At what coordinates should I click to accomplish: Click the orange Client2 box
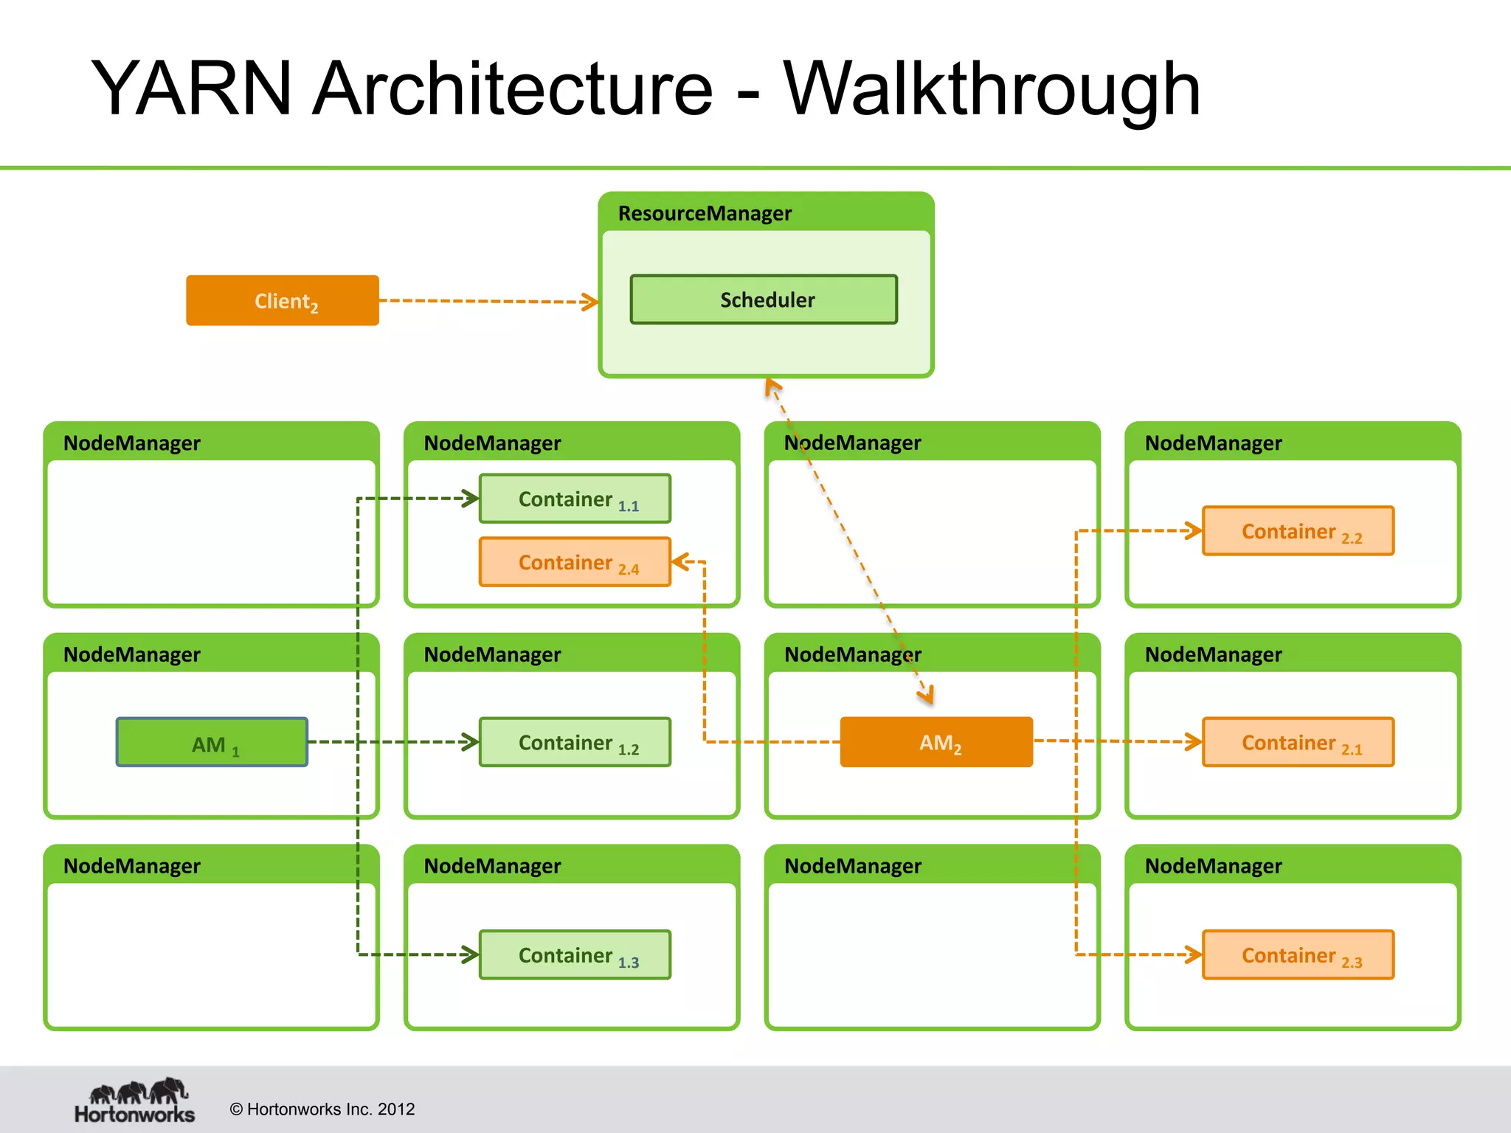pyautogui.click(x=283, y=300)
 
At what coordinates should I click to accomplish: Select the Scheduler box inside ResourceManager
pyautogui.click(x=764, y=299)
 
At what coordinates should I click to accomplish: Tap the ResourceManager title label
pyautogui.click(x=705, y=213)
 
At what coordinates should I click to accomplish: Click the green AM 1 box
pyautogui.click(x=212, y=742)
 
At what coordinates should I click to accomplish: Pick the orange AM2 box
pyautogui.click(x=936, y=742)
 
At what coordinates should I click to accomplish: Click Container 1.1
pyautogui.click(x=575, y=499)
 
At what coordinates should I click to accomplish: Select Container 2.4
pyautogui.click(x=575, y=562)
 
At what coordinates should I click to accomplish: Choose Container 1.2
pyautogui.click(x=575, y=742)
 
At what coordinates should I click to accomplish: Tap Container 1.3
pyautogui.click(x=575, y=954)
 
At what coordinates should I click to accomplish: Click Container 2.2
pyautogui.click(x=1298, y=530)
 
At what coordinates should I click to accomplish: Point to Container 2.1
pyautogui.click(x=1298, y=742)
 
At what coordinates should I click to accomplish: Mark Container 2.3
pyautogui.click(x=1298, y=954)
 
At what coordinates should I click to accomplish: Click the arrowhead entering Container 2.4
pyautogui.click(x=680, y=562)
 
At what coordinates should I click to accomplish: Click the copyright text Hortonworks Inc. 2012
pyautogui.click(x=322, y=1109)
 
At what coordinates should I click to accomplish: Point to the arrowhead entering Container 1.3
pyautogui.click(x=471, y=954)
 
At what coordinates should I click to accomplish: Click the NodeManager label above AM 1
pyautogui.click(x=132, y=654)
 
